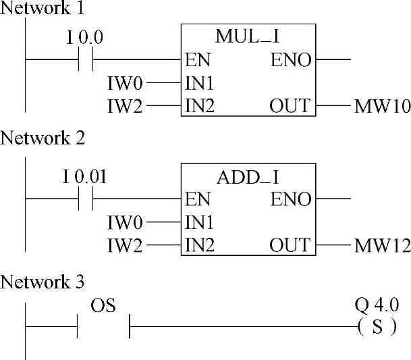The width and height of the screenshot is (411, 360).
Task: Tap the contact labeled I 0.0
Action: pos(85,60)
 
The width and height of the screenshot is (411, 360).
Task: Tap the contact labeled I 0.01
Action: pos(85,199)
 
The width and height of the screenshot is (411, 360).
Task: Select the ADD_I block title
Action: pos(248,178)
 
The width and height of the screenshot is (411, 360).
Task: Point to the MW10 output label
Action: pos(382,107)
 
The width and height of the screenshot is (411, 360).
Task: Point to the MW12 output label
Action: pos(382,247)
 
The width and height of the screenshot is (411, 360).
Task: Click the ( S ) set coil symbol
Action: pos(377,328)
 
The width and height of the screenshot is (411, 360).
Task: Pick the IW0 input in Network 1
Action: pos(125,84)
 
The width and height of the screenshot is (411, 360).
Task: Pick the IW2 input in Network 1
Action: pos(125,107)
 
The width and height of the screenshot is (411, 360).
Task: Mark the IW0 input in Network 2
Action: pos(125,223)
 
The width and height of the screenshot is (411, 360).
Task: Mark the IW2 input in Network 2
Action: pos(125,247)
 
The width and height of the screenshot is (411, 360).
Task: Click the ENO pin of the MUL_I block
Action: pos(292,61)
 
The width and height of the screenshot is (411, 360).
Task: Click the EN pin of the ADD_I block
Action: pos(198,200)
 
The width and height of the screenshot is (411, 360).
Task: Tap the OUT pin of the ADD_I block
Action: pos(290,245)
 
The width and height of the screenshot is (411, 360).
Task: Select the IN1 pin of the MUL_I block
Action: pos(200,84)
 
